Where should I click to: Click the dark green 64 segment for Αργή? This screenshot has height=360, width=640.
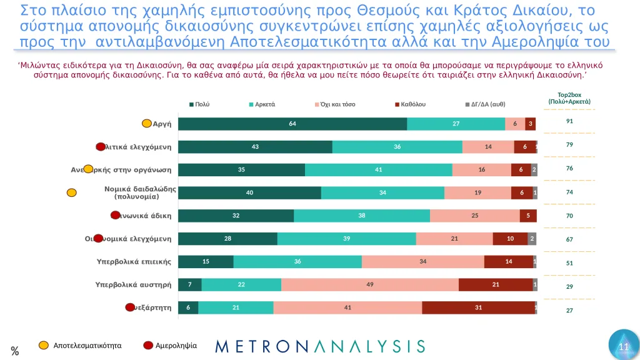click(x=292, y=124)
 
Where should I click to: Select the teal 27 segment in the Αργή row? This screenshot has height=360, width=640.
click(x=456, y=124)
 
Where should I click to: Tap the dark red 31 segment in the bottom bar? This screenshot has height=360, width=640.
click(x=478, y=307)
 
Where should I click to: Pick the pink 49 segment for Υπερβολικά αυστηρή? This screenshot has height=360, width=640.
click(x=370, y=284)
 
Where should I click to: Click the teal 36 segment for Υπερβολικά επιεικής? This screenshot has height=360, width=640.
click(x=297, y=261)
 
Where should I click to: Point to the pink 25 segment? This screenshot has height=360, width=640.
click(x=475, y=216)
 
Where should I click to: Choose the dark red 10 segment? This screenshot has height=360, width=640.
click(x=510, y=239)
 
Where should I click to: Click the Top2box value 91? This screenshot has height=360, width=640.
click(x=569, y=121)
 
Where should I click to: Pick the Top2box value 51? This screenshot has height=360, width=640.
click(x=569, y=263)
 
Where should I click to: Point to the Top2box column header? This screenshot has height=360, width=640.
click(x=569, y=98)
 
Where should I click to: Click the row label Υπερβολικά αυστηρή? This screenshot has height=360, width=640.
click(x=133, y=284)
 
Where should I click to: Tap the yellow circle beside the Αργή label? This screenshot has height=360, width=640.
click(x=146, y=124)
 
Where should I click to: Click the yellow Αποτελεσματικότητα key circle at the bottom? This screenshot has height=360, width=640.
click(x=44, y=345)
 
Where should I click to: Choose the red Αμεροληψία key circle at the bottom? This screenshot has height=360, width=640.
click(x=148, y=345)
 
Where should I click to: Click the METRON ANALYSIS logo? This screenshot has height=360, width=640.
click(x=320, y=346)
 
